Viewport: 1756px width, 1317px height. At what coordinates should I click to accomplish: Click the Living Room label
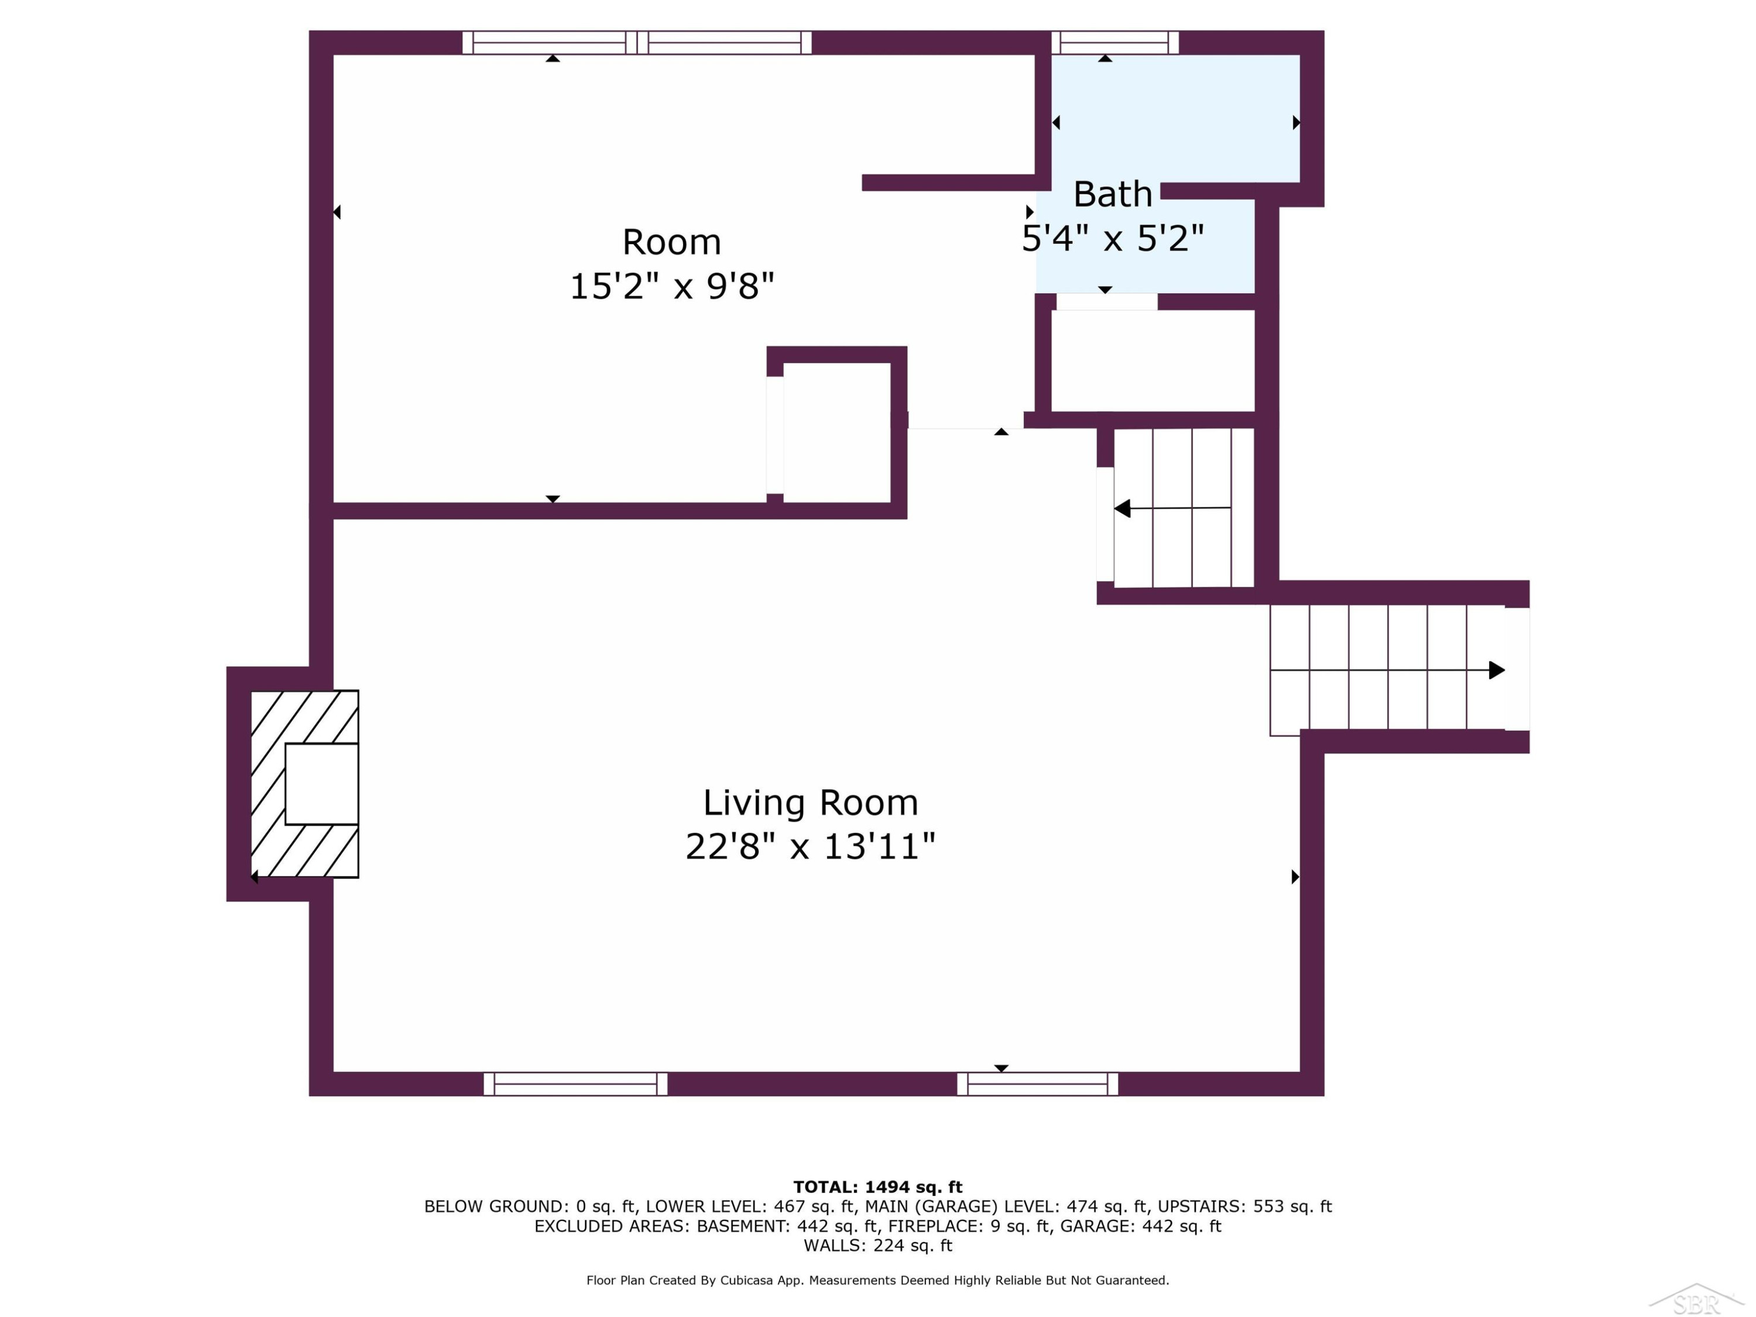(x=811, y=802)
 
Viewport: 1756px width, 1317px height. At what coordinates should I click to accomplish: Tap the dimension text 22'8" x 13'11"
(x=811, y=846)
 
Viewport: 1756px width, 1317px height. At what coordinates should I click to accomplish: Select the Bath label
(x=1112, y=194)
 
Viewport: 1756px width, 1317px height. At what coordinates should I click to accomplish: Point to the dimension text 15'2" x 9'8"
(x=671, y=286)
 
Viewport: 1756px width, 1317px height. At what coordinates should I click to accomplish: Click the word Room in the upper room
(x=671, y=242)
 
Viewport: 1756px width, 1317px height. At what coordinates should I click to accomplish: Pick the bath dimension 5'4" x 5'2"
(x=1112, y=238)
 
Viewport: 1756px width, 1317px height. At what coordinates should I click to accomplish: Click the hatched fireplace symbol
(x=305, y=784)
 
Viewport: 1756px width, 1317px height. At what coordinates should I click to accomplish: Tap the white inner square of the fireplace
(x=321, y=784)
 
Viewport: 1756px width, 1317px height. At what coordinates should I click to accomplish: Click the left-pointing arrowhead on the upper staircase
(x=1121, y=509)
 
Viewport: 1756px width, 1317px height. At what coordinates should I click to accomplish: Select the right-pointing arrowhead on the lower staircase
(x=1497, y=670)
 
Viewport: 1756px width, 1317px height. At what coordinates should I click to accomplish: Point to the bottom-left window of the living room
(x=575, y=1083)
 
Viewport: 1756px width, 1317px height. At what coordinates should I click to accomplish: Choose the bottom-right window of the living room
(x=1038, y=1083)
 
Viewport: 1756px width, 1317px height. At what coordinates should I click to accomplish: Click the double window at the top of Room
(x=637, y=42)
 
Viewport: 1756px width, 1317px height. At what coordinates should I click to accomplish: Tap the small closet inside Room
(x=836, y=433)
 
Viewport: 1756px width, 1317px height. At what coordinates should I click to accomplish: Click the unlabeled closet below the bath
(x=1153, y=361)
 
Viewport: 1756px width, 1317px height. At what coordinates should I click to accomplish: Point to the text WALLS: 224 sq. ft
(x=877, y=1246)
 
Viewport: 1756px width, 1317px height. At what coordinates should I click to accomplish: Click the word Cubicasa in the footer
(x=746, y=1280)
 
